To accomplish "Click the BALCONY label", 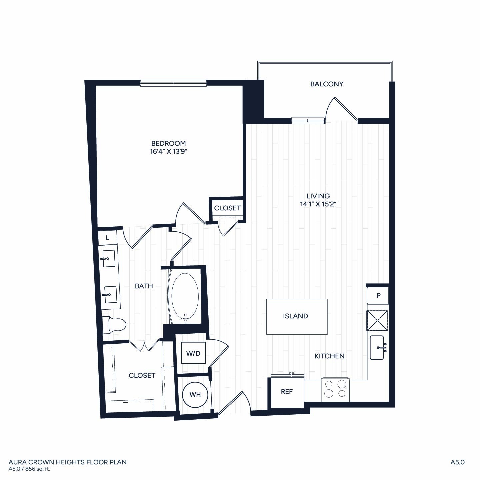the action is tap(327, 84).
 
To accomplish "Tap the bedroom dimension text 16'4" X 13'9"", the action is tap(168, 151).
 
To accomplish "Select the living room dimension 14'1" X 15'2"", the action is tap(318, 204).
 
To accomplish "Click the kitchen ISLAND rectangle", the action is tap(297, 317).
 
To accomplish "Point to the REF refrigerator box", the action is tap(287, 393).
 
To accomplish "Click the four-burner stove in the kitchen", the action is tap(335, 390).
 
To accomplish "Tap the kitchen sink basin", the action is tap(377, 348).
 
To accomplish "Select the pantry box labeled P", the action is tap(378, 295).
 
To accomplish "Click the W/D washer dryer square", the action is tap(193, 353).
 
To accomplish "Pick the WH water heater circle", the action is tap(195, 394).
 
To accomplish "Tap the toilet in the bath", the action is tap(114, 325).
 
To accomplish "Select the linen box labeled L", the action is tap(108, 238).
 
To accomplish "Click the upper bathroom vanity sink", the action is tap(109, 259).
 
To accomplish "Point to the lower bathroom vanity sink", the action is tap(110, 295).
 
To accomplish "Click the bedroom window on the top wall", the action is tap(173, 83).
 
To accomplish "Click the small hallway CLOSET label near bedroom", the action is tap(227, 208).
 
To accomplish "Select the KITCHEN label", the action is tap(329, 356).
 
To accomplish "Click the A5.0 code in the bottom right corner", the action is tap(458, 462).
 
